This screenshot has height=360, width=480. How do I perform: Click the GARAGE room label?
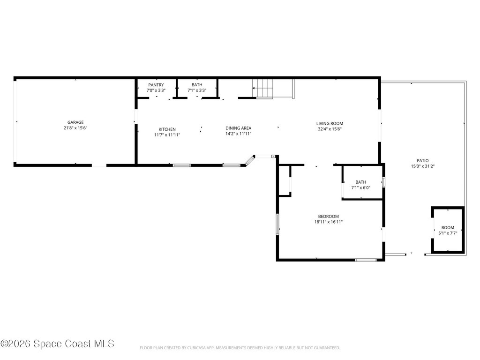pos(75,122)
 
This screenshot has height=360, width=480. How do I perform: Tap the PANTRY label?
pos(156,85)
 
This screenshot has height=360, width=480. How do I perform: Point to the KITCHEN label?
pos(167,129)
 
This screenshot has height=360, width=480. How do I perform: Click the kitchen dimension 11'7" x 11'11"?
pos(167,135)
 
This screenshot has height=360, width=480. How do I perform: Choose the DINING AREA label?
pos(238,128)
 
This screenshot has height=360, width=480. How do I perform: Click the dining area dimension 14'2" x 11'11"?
pos(238,134)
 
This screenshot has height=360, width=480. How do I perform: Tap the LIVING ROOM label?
pos(330,123)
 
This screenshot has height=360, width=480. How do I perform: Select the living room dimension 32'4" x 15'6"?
pos(330,129)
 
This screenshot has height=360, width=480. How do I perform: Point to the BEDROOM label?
pos(328,217)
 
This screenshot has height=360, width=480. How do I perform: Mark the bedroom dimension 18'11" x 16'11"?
pos(328,222)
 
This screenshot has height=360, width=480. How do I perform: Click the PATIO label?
pos(423,160)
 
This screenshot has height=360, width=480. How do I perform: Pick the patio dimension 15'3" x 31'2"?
pos(423,166)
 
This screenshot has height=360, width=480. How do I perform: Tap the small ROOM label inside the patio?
pos(448,227)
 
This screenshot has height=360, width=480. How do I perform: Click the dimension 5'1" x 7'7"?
pos(448,233)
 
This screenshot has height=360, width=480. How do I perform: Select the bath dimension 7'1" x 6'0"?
pos(360,187)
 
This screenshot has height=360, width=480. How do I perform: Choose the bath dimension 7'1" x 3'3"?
pos(197,90)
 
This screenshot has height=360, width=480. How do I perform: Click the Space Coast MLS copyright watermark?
pos(57,344)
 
